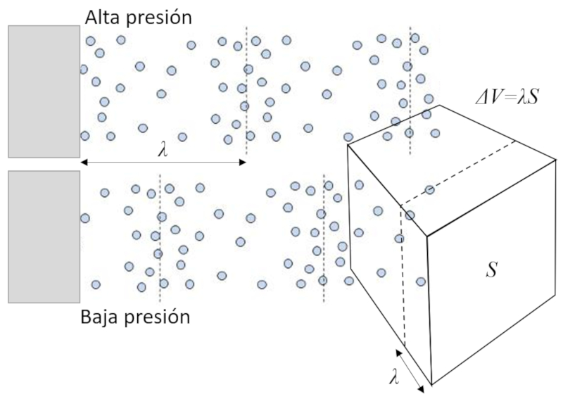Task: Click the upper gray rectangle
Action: (x=44, y=91)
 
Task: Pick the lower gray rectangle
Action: (x=44, y=236)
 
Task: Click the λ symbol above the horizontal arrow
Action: (x=163, y=151)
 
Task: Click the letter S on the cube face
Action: (x=492, y=270)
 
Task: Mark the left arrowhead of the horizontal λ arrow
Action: (x=83, y=163)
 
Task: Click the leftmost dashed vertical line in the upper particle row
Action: (x=246, y=91)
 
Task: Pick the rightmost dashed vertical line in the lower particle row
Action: (x=323, y=239)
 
